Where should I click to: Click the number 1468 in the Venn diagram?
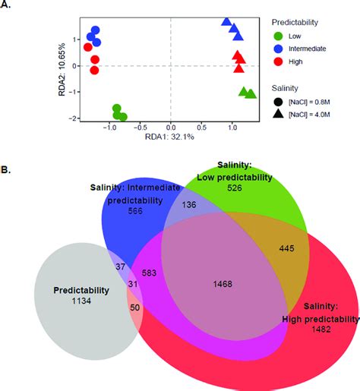coord(223,284)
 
